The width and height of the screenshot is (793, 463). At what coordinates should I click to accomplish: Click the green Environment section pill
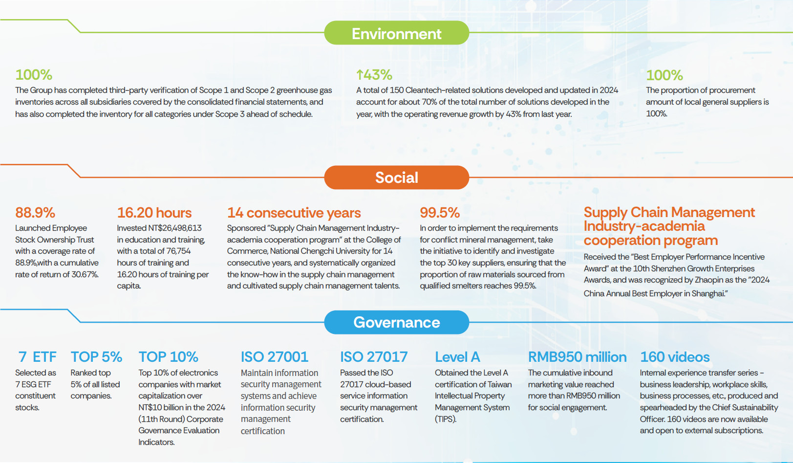point(396,33)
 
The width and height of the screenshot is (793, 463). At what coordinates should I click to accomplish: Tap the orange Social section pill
point(396,177)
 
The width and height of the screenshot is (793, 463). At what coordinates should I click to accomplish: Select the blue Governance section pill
point(396,322)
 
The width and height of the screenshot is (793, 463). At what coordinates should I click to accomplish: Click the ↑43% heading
point(374,75)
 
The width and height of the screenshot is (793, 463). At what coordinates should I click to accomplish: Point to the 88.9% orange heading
point(35,213)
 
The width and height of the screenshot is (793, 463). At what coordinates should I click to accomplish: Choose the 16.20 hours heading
point(154,213)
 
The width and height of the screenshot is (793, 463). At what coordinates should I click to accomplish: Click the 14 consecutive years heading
point(294,213)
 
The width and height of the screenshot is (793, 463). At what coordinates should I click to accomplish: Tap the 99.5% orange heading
point(440,213)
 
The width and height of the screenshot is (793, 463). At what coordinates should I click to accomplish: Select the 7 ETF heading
point(37,357)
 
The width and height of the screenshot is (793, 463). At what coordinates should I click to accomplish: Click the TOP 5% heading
point(96,357)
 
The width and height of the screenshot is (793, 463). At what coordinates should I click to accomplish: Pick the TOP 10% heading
point(168,357)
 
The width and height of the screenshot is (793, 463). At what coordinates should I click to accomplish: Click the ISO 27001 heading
point(275,357)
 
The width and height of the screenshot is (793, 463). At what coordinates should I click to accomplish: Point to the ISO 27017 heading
point(374,357)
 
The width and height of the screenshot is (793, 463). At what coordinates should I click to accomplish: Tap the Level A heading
point(457,357)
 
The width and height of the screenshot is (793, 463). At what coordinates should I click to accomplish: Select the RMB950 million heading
point(577,357)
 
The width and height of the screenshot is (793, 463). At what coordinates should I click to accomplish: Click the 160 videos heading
point(675,357)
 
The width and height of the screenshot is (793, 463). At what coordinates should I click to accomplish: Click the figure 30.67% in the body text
point(85,274)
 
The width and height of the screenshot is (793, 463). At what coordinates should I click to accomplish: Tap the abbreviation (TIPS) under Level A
point(446,419)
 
